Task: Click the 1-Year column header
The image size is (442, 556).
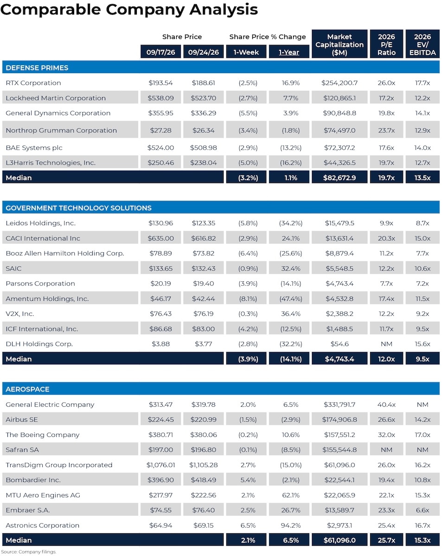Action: [x=288, y=52]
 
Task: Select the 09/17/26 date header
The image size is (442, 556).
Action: [x=160, y=52]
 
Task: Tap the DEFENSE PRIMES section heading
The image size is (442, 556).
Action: [x=37, y=68]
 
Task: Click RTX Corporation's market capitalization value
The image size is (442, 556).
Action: [x=340, y=83]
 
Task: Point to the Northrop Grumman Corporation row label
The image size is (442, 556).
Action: [x=61, y=130]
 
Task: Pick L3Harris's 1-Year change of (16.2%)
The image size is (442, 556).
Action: [x=291, y=163]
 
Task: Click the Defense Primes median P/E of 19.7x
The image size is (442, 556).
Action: [x=386, y=178]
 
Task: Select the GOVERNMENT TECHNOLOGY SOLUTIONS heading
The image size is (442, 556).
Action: [x=79, y=208]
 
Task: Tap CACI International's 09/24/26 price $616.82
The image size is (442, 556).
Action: [x=203, y=238]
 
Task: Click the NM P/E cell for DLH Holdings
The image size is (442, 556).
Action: [x=386, y=344]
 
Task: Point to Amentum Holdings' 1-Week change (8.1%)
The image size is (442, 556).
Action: [x=248, y=299]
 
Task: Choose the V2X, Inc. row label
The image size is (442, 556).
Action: [x=20, y=314]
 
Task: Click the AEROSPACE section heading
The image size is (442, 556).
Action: [x=27, y=389]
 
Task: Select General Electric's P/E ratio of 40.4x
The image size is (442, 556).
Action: [x=386, y=404]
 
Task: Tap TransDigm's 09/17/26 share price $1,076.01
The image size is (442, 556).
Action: [x=160, y=465]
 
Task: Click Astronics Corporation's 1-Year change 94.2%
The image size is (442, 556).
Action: [x=291, y=525]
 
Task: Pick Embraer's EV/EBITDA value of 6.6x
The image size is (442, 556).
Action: [x=423, y=510]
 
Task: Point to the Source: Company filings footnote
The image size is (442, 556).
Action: [x=28, y=552]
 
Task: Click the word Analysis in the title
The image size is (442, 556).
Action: [x=224, y=10]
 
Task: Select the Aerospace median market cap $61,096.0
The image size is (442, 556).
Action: [x=340, y=540]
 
